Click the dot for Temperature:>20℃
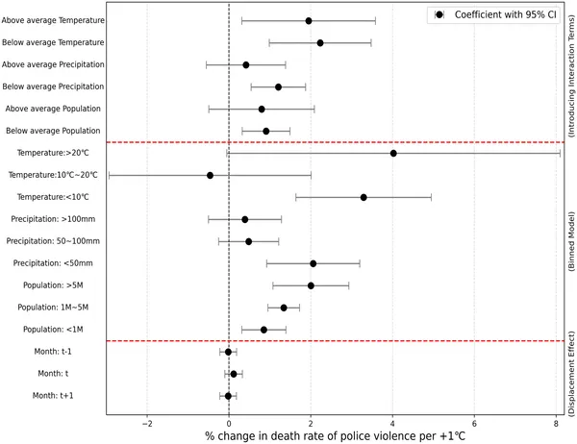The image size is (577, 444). (393, 153)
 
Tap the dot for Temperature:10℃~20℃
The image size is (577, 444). (210, 175)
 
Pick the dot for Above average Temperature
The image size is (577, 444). (309, 20)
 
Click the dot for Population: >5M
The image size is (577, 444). (311, 285)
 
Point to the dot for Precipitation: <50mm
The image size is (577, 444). (314, 263)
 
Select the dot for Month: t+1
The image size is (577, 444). (228, 395)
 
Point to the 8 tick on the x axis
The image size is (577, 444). (556, 421)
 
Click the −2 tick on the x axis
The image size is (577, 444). (147, 421)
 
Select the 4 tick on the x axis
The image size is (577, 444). (392, 421)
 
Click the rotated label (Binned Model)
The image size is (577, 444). (571, 240)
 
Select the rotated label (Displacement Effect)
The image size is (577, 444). (571, 374)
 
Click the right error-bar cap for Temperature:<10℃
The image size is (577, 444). (431, 197)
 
